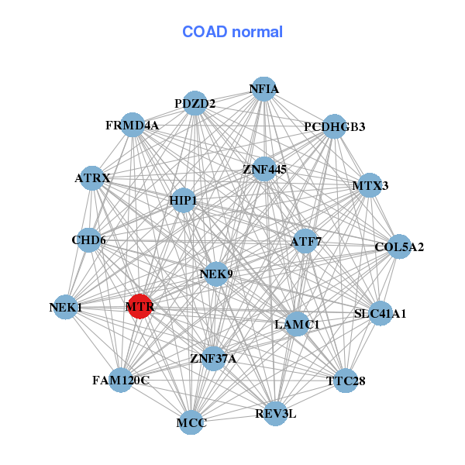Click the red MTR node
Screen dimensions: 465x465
139,306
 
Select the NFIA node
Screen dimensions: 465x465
263,89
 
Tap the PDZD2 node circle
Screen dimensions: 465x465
195,103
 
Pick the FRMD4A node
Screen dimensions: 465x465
133,125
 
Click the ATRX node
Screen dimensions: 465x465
92,178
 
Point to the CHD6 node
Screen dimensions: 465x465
88,240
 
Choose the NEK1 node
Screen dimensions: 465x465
66,307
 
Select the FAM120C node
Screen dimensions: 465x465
121,380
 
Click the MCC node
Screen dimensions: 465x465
191,422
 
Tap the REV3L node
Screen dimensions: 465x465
275,414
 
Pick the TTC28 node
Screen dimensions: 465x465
346,381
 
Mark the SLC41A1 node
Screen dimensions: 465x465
381,313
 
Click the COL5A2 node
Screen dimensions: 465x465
399,246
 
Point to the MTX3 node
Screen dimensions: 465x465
370,185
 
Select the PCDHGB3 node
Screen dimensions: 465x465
334,126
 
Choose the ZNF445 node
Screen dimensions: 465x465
264,169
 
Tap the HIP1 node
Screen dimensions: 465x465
183,200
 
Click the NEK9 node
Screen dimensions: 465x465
216,274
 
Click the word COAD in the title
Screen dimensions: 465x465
205,32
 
